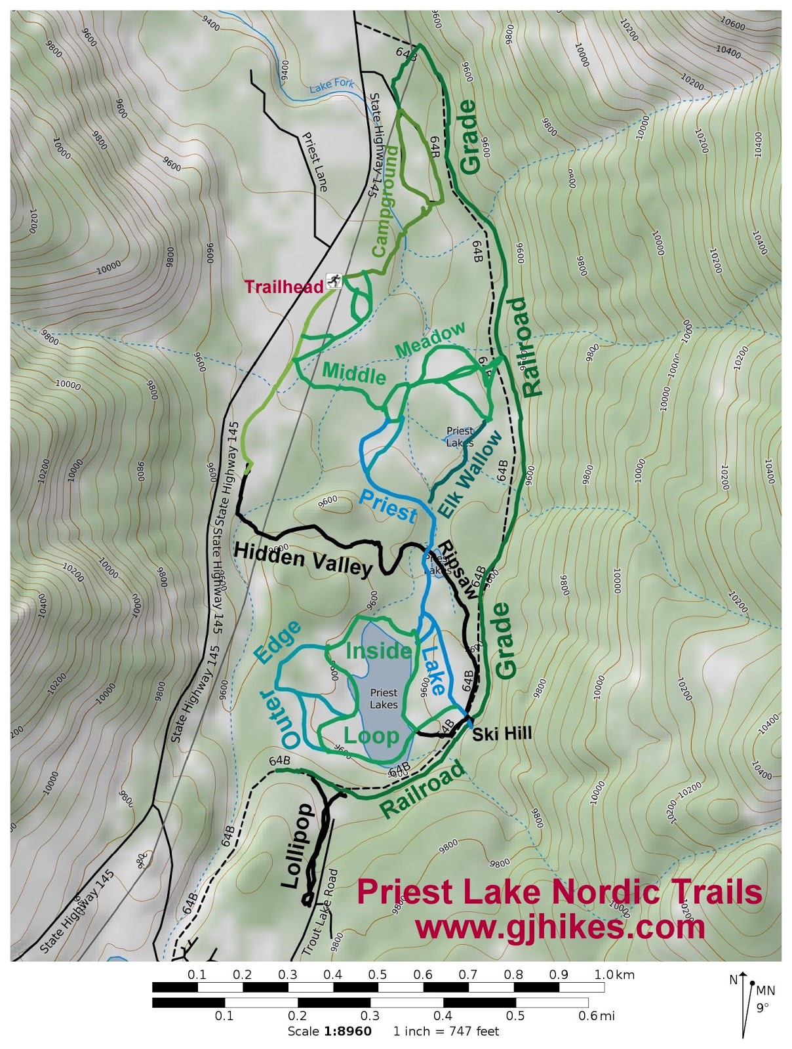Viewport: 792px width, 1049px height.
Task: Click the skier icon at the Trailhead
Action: pyautogui.click(x=334, y=281)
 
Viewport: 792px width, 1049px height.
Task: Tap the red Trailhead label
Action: pyautogui.click(x=283, y=287)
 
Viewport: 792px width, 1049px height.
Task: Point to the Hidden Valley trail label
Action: pyautogui.click(x=303, y=558)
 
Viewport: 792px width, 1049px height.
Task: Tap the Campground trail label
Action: pyautogui.click(x=384, y=202)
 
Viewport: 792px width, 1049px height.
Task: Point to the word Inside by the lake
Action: pyautogui.click(x=378, y=650)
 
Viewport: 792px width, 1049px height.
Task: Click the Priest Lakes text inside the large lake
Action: pyautogui.click(x=384, y=698)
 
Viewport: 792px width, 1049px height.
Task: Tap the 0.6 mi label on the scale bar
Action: pyautogui.click(x=599, y=1016)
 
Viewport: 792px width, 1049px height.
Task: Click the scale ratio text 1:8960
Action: pyautogui.click(x=347, y=1031)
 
